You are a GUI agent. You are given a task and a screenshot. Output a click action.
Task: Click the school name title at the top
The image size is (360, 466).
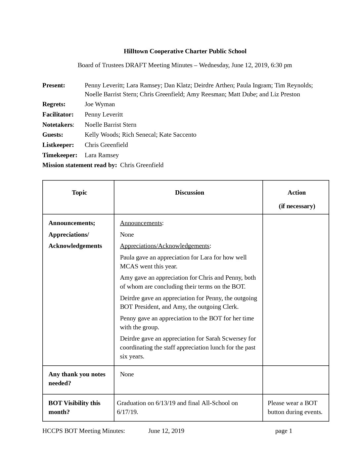click(185, 51)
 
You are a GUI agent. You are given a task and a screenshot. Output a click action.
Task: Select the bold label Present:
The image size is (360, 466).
click(54, 85)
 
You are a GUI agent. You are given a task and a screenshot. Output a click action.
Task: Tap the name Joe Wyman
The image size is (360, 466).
click(100, 104)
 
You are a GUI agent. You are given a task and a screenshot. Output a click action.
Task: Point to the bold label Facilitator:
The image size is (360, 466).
click(58, 115)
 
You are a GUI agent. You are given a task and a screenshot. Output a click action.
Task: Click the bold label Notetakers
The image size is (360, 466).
click(58, 125)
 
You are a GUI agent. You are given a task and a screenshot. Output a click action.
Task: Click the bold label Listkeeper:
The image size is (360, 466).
click(58, 145)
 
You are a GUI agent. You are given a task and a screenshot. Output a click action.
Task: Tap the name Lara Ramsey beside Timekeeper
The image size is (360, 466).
click(102, 155)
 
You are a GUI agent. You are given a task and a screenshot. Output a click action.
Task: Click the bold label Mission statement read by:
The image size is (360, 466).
click(79, 165)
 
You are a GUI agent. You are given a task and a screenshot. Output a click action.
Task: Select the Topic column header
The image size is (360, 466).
click(79, 193)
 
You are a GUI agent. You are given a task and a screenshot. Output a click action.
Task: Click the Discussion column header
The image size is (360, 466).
click(189, 193)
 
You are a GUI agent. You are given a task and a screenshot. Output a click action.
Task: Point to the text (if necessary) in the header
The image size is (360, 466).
click(297, 206)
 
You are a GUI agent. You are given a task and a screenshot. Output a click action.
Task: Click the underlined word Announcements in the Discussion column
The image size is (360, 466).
click(141, 223)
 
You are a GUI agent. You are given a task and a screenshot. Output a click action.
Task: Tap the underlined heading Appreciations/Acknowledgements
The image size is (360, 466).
click(164, 246)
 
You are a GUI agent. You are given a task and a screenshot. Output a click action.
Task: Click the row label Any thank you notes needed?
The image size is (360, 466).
click(77, 379)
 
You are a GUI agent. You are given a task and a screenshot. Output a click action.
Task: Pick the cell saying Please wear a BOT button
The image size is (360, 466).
click(295, 407)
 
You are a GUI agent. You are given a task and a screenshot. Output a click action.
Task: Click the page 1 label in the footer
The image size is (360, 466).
click(284, 431)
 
